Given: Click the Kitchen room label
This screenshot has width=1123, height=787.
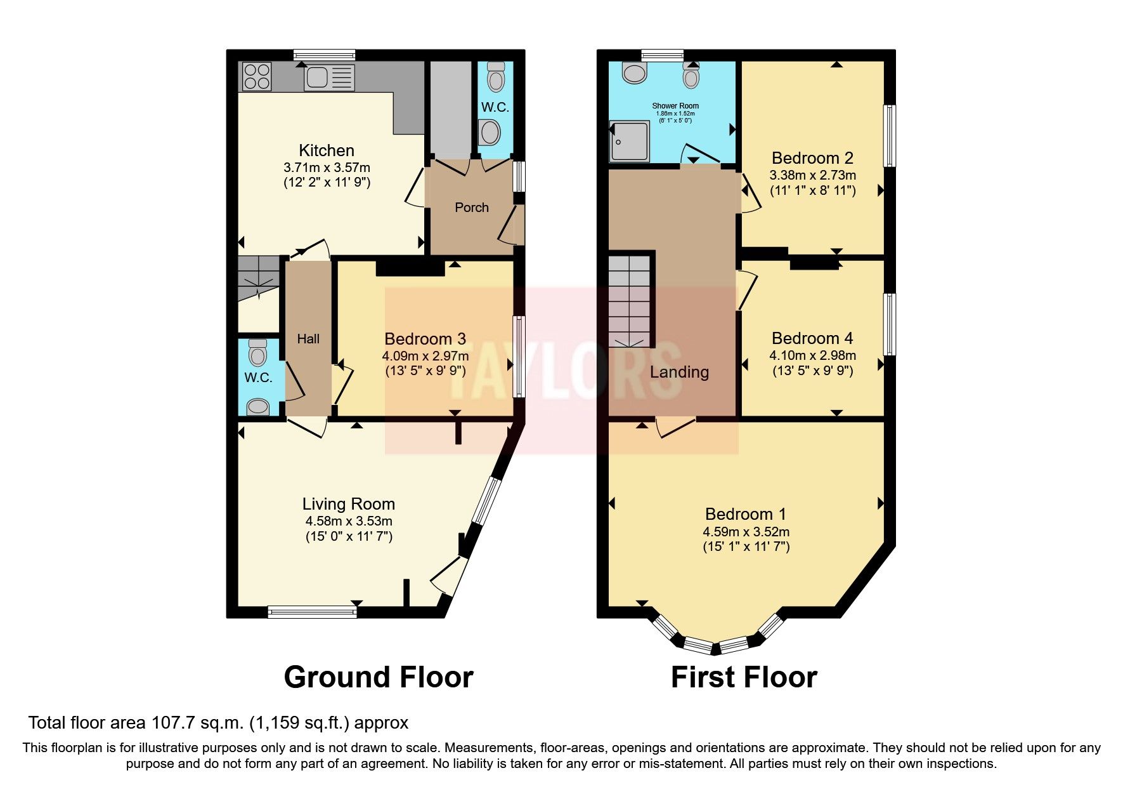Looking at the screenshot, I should tap(326, 150).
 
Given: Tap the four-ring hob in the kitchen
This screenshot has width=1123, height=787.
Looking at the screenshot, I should tap(257, 76).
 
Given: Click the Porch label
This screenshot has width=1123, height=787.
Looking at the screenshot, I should tap(471, 208).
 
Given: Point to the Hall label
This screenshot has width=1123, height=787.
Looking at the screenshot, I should tap(308, 339).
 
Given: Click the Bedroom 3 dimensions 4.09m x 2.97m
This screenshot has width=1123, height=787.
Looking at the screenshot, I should tap(425, 356).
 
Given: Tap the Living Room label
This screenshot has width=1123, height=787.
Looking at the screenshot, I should tap(348, 504).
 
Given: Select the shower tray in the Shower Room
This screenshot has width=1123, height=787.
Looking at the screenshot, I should tap(630, 141).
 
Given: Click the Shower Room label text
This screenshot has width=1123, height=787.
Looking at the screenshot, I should tap(675, 106).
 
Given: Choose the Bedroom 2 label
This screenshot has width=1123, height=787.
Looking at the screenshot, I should tap(812, 158).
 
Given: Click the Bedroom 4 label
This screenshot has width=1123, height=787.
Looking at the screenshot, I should tap(812, 338).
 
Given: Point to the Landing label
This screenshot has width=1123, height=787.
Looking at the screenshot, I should tap(679, 372).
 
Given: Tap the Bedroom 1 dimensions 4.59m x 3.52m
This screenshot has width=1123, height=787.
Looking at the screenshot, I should tap(746, 532).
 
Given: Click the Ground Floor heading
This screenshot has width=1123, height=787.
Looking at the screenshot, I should tap(378, 677).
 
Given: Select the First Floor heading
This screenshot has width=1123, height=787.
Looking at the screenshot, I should tap(744, 677).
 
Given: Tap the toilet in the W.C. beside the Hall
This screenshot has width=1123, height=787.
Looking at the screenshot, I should tap(257, 353).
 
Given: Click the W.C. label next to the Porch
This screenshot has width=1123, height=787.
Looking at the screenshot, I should tap(495, 107).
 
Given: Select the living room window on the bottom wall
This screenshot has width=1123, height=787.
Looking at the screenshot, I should tap(312, 612).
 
